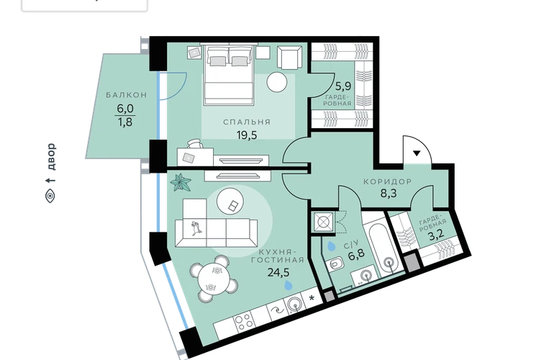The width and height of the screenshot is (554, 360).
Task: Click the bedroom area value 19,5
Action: (247, 135)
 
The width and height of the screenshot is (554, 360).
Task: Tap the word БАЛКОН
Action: (127, 95)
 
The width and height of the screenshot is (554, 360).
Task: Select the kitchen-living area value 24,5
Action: (278, 272)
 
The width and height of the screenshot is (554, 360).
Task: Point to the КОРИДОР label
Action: (388, 181)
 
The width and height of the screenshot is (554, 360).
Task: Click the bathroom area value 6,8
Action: (356, 254)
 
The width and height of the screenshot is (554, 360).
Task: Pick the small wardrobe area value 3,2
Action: (435, 235)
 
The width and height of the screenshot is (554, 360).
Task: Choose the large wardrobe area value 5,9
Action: (343, 86)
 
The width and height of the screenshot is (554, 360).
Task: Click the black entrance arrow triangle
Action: (417, 153)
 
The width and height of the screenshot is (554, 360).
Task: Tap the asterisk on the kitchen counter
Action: (312, 299)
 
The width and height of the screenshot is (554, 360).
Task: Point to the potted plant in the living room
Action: (181, 182)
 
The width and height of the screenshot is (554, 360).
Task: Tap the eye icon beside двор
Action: (50, 196)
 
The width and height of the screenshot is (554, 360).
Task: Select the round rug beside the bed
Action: (277, 82)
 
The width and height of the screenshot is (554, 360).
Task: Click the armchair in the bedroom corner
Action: (290, 58)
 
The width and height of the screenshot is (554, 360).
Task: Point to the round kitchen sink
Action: (294, 304)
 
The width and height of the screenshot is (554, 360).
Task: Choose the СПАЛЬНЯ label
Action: (247, 122)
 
